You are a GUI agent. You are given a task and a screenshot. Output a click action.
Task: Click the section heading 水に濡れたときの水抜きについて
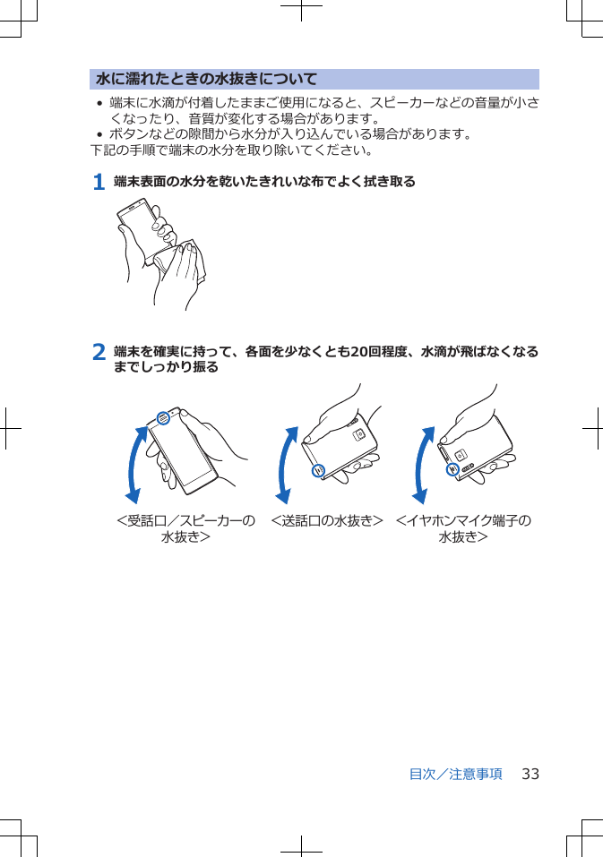pyautogui.click(x=207, y=79)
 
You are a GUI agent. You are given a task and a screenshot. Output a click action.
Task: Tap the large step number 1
pyautogui.click(x=99, y=182)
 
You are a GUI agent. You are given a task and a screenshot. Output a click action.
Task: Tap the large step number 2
pyautogui.click(x=99, y=352)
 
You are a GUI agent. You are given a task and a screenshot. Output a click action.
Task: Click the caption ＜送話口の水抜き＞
pyautogui.click(x=327, y=520)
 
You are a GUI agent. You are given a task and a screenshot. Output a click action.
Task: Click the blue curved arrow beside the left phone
pyautogui.click(x=135, y=465)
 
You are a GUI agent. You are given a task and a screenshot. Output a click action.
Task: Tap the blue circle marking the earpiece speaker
pyautogui.click(x=163, y=417)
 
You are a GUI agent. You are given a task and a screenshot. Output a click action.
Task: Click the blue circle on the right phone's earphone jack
pyautogui.click(x=453, y=469)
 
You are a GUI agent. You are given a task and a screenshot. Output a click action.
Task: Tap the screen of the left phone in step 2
pyautogui.click(x=183, y=452)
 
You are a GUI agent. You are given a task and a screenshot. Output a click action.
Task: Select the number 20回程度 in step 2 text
pyautogui.click(x=381, y=352)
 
